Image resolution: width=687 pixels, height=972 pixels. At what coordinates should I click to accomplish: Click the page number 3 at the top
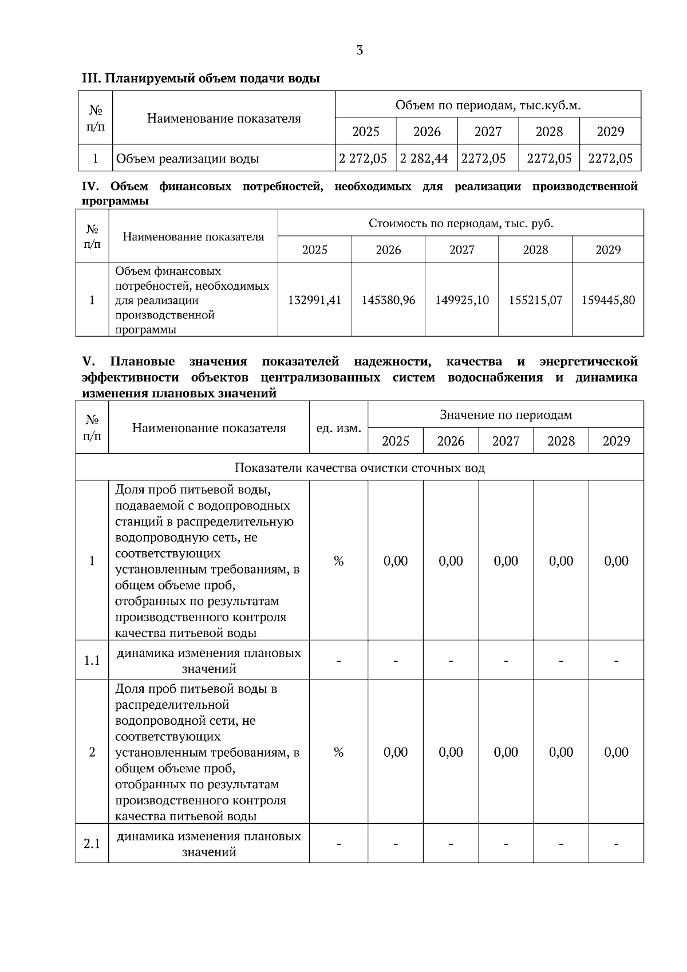(360, 50)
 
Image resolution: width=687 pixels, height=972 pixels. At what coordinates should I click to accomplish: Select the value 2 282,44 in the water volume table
(424, 159)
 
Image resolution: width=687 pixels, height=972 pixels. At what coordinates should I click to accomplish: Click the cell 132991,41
(314, 300)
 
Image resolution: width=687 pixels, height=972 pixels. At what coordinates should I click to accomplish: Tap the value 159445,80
(608, 300)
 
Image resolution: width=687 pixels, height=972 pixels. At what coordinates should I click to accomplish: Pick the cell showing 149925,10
(462, 300)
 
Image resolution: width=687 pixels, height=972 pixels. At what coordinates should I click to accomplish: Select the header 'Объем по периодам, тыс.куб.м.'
(488, 105)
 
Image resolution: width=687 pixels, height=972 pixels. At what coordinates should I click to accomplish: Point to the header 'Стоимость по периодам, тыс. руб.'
(461, 223)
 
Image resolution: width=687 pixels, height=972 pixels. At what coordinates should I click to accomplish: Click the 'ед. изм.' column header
(338, 428)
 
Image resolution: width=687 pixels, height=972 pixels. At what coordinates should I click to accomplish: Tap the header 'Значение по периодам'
(506, 414)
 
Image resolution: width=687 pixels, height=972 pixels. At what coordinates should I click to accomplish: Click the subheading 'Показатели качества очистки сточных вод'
(360, 468)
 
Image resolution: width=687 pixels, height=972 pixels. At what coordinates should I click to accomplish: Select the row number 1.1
(92, 661)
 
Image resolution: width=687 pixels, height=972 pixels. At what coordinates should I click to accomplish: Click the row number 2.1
(92, 844)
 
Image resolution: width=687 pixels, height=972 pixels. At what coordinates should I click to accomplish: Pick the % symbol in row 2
(338, 752)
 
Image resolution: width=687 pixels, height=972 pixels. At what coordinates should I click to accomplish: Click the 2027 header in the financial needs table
(462, 250)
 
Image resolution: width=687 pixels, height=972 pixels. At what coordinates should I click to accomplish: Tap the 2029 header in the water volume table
(610, 132)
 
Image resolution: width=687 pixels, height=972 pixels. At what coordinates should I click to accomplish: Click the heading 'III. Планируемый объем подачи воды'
(201, 79)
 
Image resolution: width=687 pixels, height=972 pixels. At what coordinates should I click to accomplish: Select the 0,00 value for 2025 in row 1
(396, 561)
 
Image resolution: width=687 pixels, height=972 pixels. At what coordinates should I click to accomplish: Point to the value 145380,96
(388, 300)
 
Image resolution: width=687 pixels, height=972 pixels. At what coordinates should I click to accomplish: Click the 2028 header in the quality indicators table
(561, 441)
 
